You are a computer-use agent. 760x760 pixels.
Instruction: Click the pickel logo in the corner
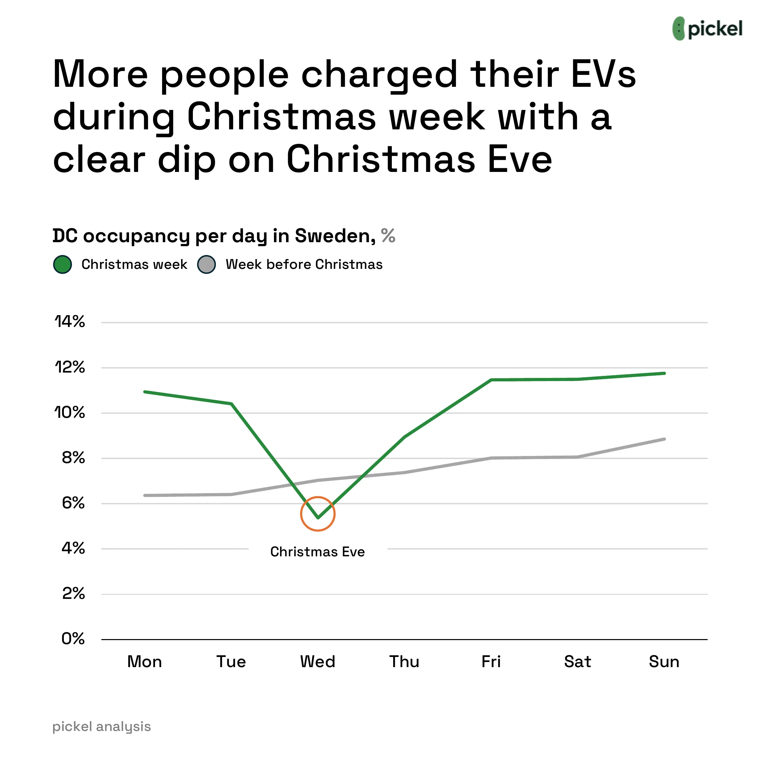click(x=707, y=28)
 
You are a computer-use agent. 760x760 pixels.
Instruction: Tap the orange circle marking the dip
click(x=318, y=514)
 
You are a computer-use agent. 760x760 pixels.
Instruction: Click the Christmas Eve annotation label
click(x=318, y=552)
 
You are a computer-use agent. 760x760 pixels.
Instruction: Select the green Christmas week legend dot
click(x=62, y=264)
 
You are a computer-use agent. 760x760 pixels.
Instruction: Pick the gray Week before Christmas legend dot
click(x=206, y=264)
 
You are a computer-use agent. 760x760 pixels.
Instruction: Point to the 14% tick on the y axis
click(x=70, y=322)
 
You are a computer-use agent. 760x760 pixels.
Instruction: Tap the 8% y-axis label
click(x=73, y=458)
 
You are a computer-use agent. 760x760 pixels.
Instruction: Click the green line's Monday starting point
click(x=145, y=392)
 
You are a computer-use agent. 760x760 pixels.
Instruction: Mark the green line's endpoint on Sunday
click(x=664, y=373)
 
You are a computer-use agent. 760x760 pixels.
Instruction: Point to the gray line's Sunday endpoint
click(x=664, y=439)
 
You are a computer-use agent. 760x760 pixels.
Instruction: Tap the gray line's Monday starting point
click(x=145, y=495)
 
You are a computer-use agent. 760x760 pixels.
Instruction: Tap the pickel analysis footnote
click(x=101, y=727)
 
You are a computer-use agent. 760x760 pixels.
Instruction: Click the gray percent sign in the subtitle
click(x=388, y=236)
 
